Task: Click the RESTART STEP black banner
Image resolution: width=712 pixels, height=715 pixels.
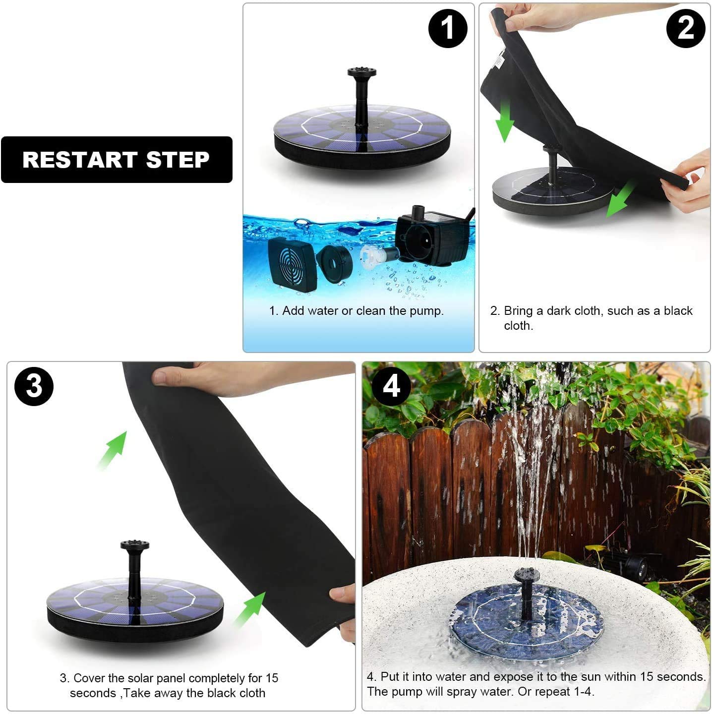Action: coord(117,160)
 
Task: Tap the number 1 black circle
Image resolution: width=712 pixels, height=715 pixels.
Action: coord(448,28)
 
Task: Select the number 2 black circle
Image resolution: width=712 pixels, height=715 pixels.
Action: coord(686,28)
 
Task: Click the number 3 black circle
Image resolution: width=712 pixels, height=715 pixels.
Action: coord(34,386)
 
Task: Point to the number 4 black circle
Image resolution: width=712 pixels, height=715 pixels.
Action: coord(391,386)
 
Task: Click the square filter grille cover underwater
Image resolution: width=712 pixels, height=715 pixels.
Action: coord(292,264)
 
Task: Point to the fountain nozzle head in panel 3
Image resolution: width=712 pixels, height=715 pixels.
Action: coord(134,545)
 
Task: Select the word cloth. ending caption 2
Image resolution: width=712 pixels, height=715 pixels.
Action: coord(518,326)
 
